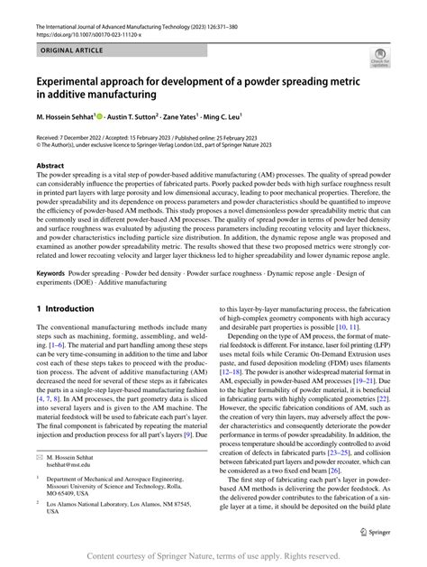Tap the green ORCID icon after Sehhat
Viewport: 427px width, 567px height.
pyautogui.click(x=113, y=117)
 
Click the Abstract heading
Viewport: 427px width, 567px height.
pyautogui.click(x=50, y=167)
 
